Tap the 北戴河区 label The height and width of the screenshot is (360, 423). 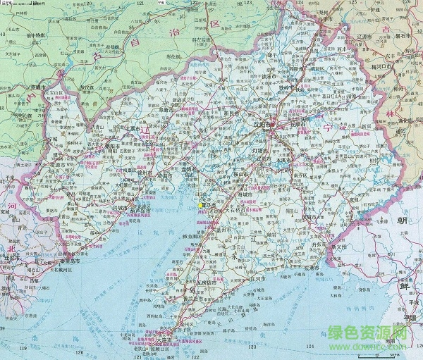coord(44,269)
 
